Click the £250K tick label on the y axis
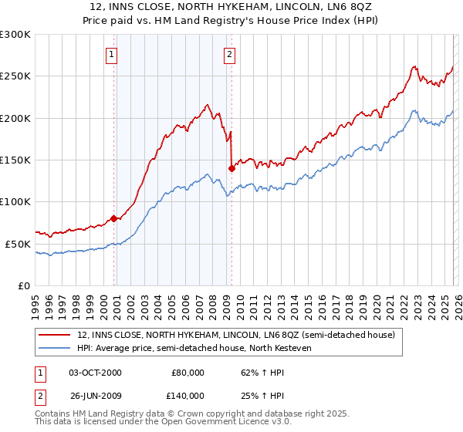pyautogui.click(x=15, y=76)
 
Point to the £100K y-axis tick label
pyautogui.click(x=15, y=202)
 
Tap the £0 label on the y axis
pyautogui.click(x=23, y=285)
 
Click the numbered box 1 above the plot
pyautogui.click(x=113, y=54)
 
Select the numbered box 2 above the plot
pyautogui.click(x=231, y=54)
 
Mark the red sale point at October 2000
pyautogui.click(x=114, y=218)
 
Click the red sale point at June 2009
pyautogui.click(x=231, y=168)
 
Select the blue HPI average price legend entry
pyautogui.click(x=209, y=348)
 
